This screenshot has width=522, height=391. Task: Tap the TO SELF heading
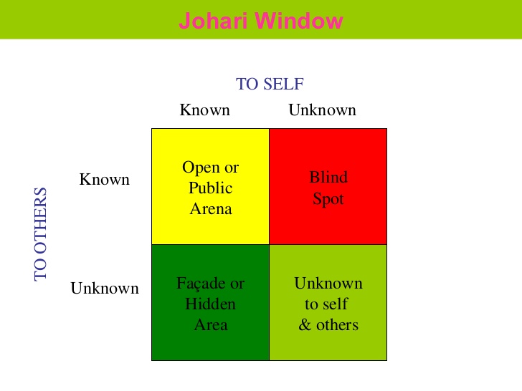click(270, 84)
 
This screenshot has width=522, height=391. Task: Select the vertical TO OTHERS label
click(41, 233)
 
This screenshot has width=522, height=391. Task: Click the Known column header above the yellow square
click(204, 110)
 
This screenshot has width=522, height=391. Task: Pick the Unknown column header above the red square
click(322, 110)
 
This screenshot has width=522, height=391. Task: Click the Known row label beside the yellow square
click(104, 179)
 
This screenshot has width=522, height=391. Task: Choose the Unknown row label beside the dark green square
click(105, 289)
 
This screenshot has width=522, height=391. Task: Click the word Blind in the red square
click(328, 177)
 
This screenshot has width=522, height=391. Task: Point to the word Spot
click(328, 198)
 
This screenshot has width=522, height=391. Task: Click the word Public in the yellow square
click(211, 188)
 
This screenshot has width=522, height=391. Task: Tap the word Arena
click(211, 209)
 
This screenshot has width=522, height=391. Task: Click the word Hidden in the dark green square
click(211, 304)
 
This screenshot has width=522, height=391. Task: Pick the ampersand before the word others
click(304, 325)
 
